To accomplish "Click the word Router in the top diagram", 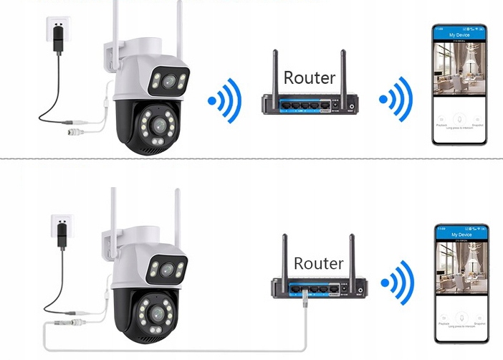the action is pos(310,77).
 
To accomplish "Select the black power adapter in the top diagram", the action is pos(58,40).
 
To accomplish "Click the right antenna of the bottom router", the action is pos(352,255).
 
